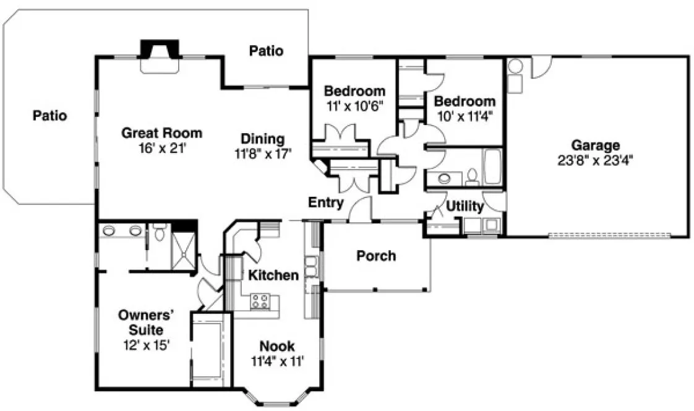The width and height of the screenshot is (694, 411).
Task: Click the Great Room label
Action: [x=161, y=132]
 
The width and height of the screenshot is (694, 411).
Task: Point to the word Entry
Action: [x=326, y=202]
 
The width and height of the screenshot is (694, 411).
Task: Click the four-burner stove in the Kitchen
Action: [x=259, y=302]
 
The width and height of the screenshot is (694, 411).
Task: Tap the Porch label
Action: [x=376, y=256]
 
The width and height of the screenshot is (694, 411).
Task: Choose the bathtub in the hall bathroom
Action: [x=493, y=167]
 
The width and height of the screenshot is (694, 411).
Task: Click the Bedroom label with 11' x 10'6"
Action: [x=354, y=92]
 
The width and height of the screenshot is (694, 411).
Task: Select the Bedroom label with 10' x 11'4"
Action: [x=465, y=101]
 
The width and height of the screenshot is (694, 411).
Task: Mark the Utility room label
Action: [x=465, y=206]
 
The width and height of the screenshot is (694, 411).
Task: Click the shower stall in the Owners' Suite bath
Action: [x=183, y=253]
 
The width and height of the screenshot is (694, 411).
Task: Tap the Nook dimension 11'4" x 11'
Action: [x=276, y=361]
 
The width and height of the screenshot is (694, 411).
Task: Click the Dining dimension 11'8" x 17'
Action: [x=263, y=154]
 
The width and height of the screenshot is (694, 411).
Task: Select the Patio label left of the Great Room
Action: [x=50, y=115]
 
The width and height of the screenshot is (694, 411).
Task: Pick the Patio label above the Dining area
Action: [x=267, y=51]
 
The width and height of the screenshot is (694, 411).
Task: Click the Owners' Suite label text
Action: [x=144, y=322]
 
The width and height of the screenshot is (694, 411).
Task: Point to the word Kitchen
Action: [x=273, y=275]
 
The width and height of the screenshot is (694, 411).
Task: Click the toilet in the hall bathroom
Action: [x=471, y=176]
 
